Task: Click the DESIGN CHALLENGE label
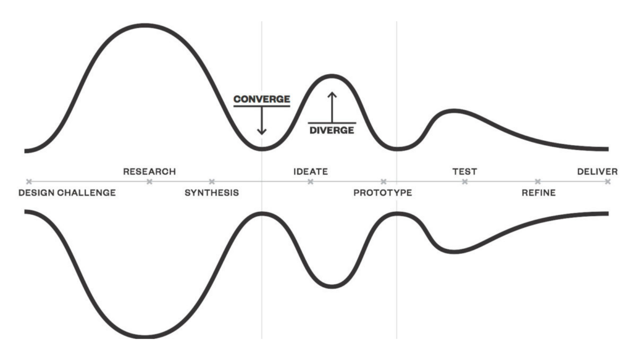[67, 193]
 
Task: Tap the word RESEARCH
[149, 172]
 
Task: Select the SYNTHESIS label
[211, 193]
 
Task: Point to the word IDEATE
[310, 172]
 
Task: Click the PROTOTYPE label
[383, 193]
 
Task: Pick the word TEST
[464, 172]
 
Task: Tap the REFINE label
[538, 193]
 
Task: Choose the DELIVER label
[597, 172]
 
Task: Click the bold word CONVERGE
[262, 99]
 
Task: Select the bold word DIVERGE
[332, 130]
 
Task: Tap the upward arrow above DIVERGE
[332, 106]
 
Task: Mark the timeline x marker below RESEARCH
[149, 182]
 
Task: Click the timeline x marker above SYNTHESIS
[212, 182]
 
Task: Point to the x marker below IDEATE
[310, 182]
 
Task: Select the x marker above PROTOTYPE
[383, 182]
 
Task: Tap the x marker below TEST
[464, 182]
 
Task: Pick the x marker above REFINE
[538, 182]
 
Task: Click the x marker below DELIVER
[607, 182]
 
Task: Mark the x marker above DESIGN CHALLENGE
[29, 182]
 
